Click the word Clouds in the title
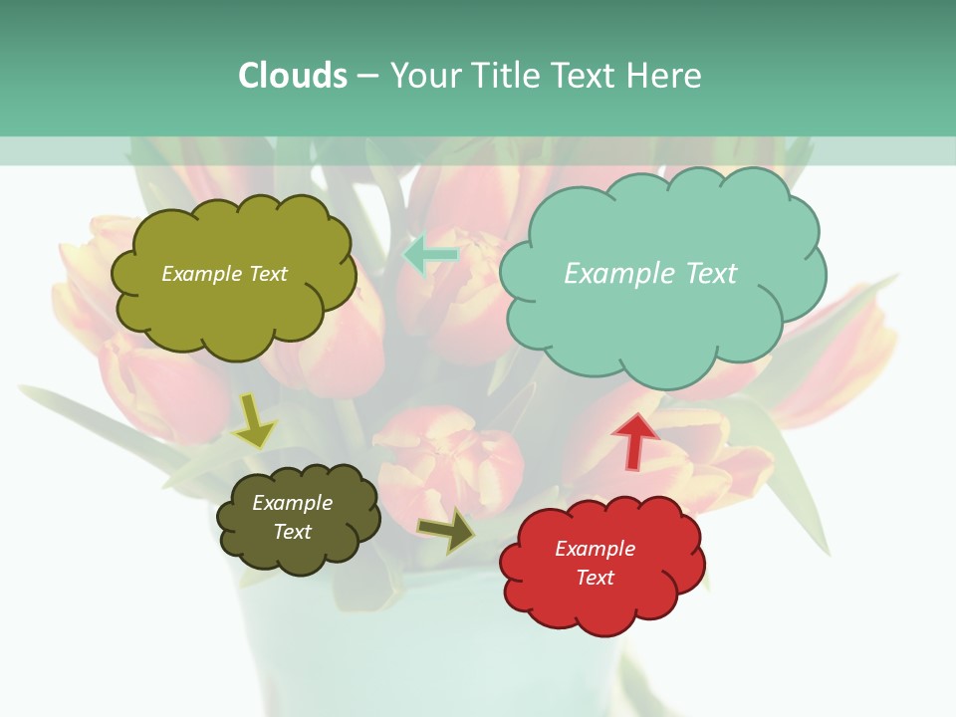click(x=293, y=76)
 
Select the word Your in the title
click(x=424, y=76)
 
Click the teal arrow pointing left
click(x=430, y=254)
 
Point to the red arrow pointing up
click(x=635, y=440)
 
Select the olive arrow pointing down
click(x=254, y=420)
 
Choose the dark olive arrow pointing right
click(x=446, y=531)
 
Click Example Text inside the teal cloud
click(x=650, y=274)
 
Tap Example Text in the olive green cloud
click(x=224, y=274)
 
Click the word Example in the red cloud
click(x=595, y=549)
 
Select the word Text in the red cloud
click(x=595, y=578)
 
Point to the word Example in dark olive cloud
click(x=292, y=503)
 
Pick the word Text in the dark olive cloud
click(x=292, y=532)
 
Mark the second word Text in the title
click(x=585, y=76)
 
